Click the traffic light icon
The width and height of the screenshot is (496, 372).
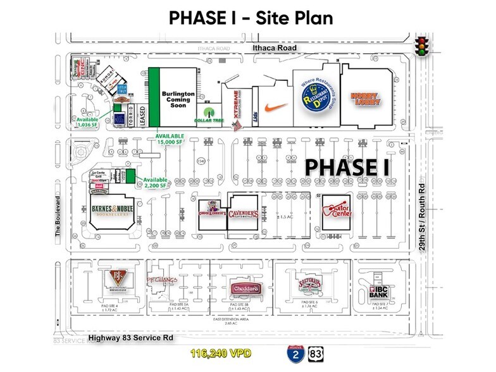click(422, 46)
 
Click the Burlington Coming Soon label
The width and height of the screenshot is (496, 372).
click(178, 99)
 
